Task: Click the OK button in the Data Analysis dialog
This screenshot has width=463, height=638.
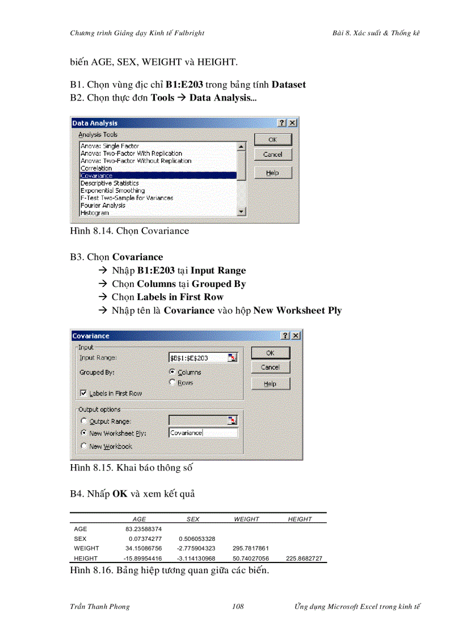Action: tap(272, 140)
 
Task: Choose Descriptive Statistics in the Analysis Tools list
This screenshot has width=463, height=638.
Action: tap(110, 183)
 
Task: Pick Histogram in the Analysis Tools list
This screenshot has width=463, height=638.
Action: tap(95, 213)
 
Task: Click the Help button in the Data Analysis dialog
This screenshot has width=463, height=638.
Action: tap(272, 173)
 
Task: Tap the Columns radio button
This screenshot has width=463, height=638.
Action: tap(172, 372)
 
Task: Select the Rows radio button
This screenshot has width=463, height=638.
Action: tap(172, 383)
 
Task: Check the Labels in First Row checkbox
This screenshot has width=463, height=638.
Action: tap(83, 393)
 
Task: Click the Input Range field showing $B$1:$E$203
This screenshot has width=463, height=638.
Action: tap(197, 358)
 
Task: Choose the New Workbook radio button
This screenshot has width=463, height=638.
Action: tap(85, 447)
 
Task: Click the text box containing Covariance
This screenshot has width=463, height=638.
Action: tap(203, 433)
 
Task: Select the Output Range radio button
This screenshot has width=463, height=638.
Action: tap(85, 422)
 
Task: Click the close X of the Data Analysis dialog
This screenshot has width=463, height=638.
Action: tap(292, 123)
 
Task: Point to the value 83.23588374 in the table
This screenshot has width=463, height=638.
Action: tap(144, 528)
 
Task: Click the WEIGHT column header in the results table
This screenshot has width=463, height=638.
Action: tap(246, 519)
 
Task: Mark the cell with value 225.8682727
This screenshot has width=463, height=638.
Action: tap(304, 558)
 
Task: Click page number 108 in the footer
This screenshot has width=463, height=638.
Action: tap(238, 606)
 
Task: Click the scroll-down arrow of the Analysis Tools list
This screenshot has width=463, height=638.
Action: tap(242, 212)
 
